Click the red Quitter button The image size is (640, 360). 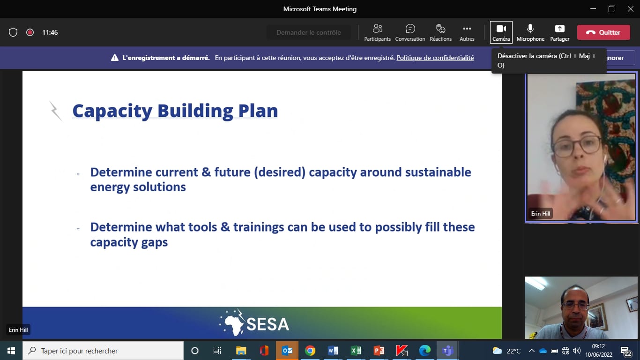point(603,32)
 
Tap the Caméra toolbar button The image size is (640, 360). point(501,32)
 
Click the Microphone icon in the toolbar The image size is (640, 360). point(530,29)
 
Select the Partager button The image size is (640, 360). point(560,33)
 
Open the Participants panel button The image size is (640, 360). point(377,33)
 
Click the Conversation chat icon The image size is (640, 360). point(410,29)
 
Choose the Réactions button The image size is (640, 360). point(440,33)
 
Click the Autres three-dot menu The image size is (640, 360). point(467,33)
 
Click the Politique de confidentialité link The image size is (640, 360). point(435,58)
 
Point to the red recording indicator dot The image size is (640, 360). point(30,32)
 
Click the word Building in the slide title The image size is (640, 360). point(195,111)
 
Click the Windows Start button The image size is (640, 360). point(11,351)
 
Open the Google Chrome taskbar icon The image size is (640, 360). point(310,351)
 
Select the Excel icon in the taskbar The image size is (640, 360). point(356,351)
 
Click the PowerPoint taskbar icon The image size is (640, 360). point(379,351)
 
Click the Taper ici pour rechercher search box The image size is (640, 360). point(103,351)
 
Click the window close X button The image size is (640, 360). point(631,9)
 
